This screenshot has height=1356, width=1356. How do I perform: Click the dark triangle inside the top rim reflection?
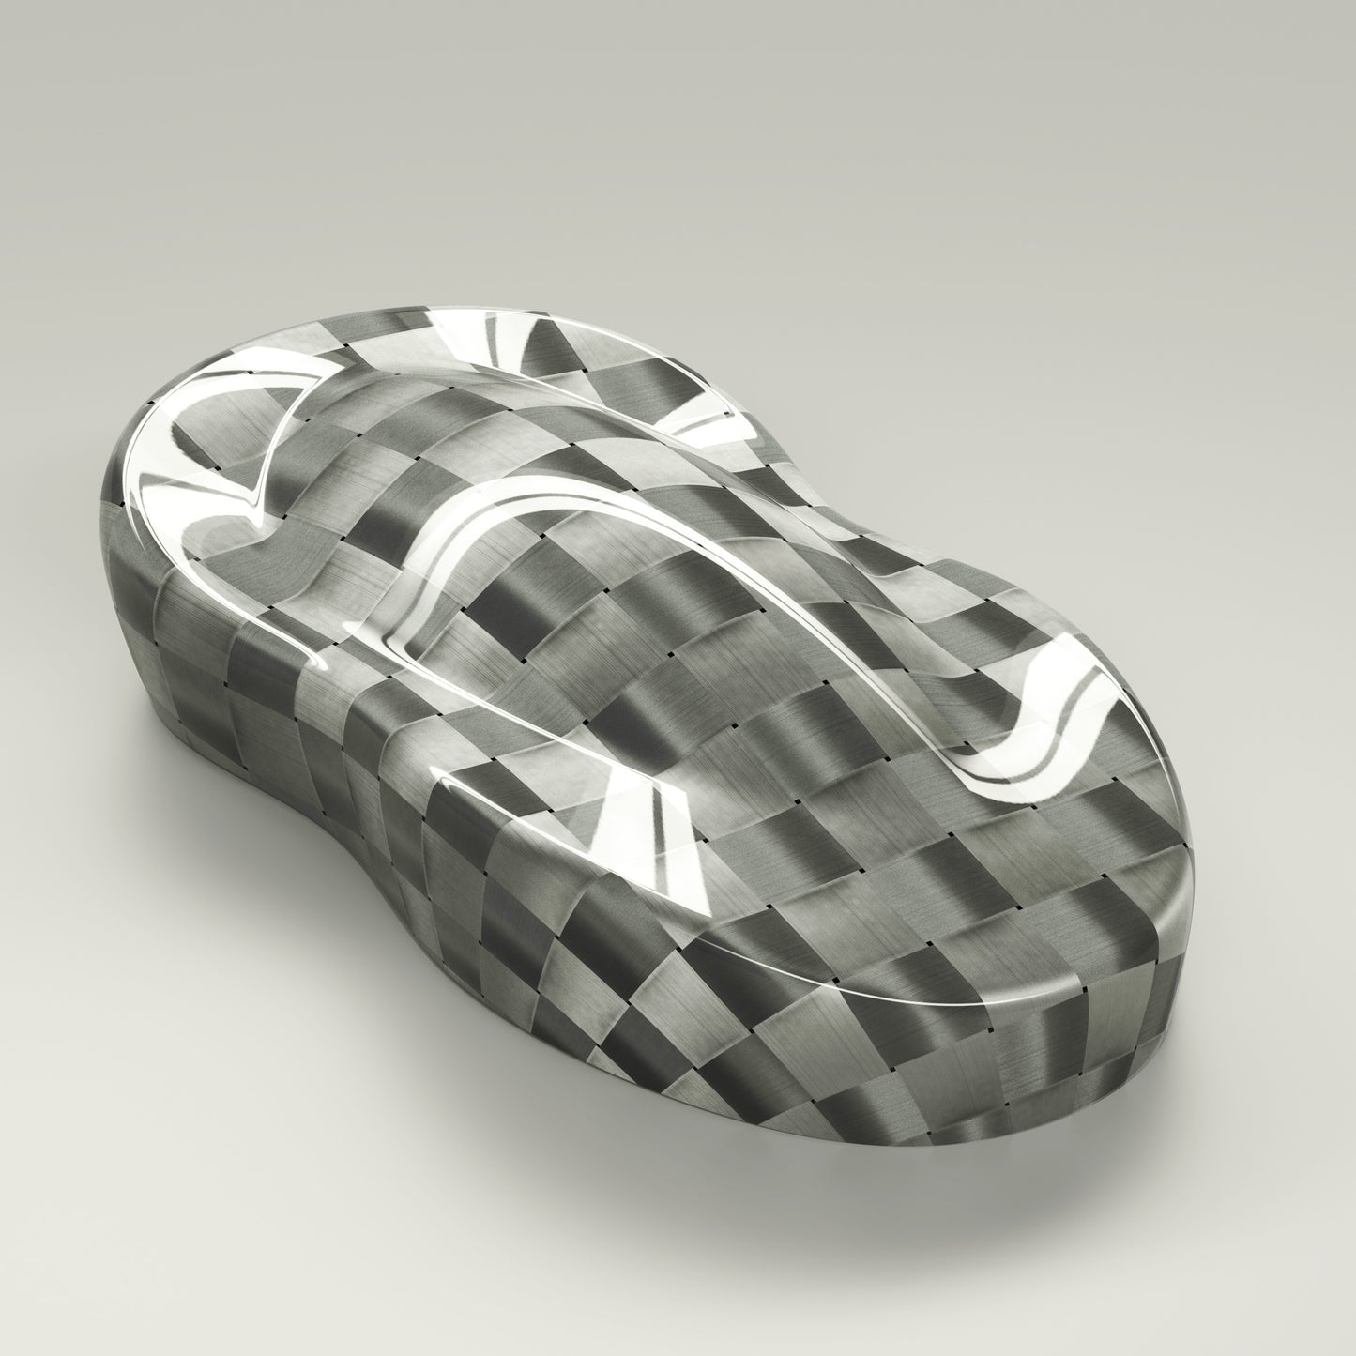coord(554,361)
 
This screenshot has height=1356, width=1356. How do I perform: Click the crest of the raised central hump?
coord(601,601)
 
